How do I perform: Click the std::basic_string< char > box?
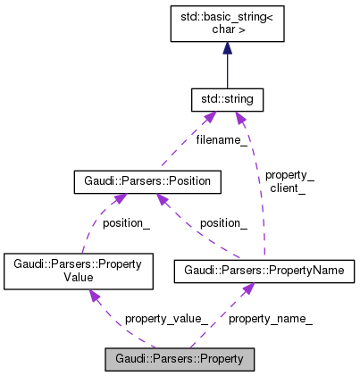[228, 22]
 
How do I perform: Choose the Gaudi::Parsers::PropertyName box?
[264, 270]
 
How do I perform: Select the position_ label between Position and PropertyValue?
[126, 223]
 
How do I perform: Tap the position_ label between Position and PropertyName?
[223, 222]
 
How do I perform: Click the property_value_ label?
[166, 318]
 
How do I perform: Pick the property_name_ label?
[271, 318]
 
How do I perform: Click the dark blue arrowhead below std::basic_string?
[228, 48]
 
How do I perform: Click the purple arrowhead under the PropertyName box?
[249, 288]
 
